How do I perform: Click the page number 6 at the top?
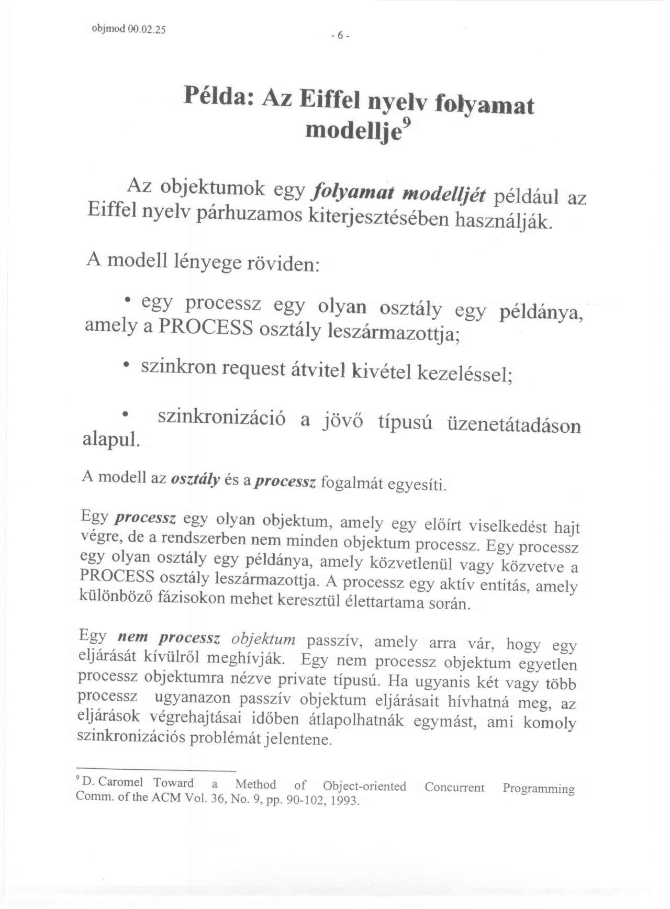tap(339, 36)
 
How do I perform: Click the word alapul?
tap(111, 439)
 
